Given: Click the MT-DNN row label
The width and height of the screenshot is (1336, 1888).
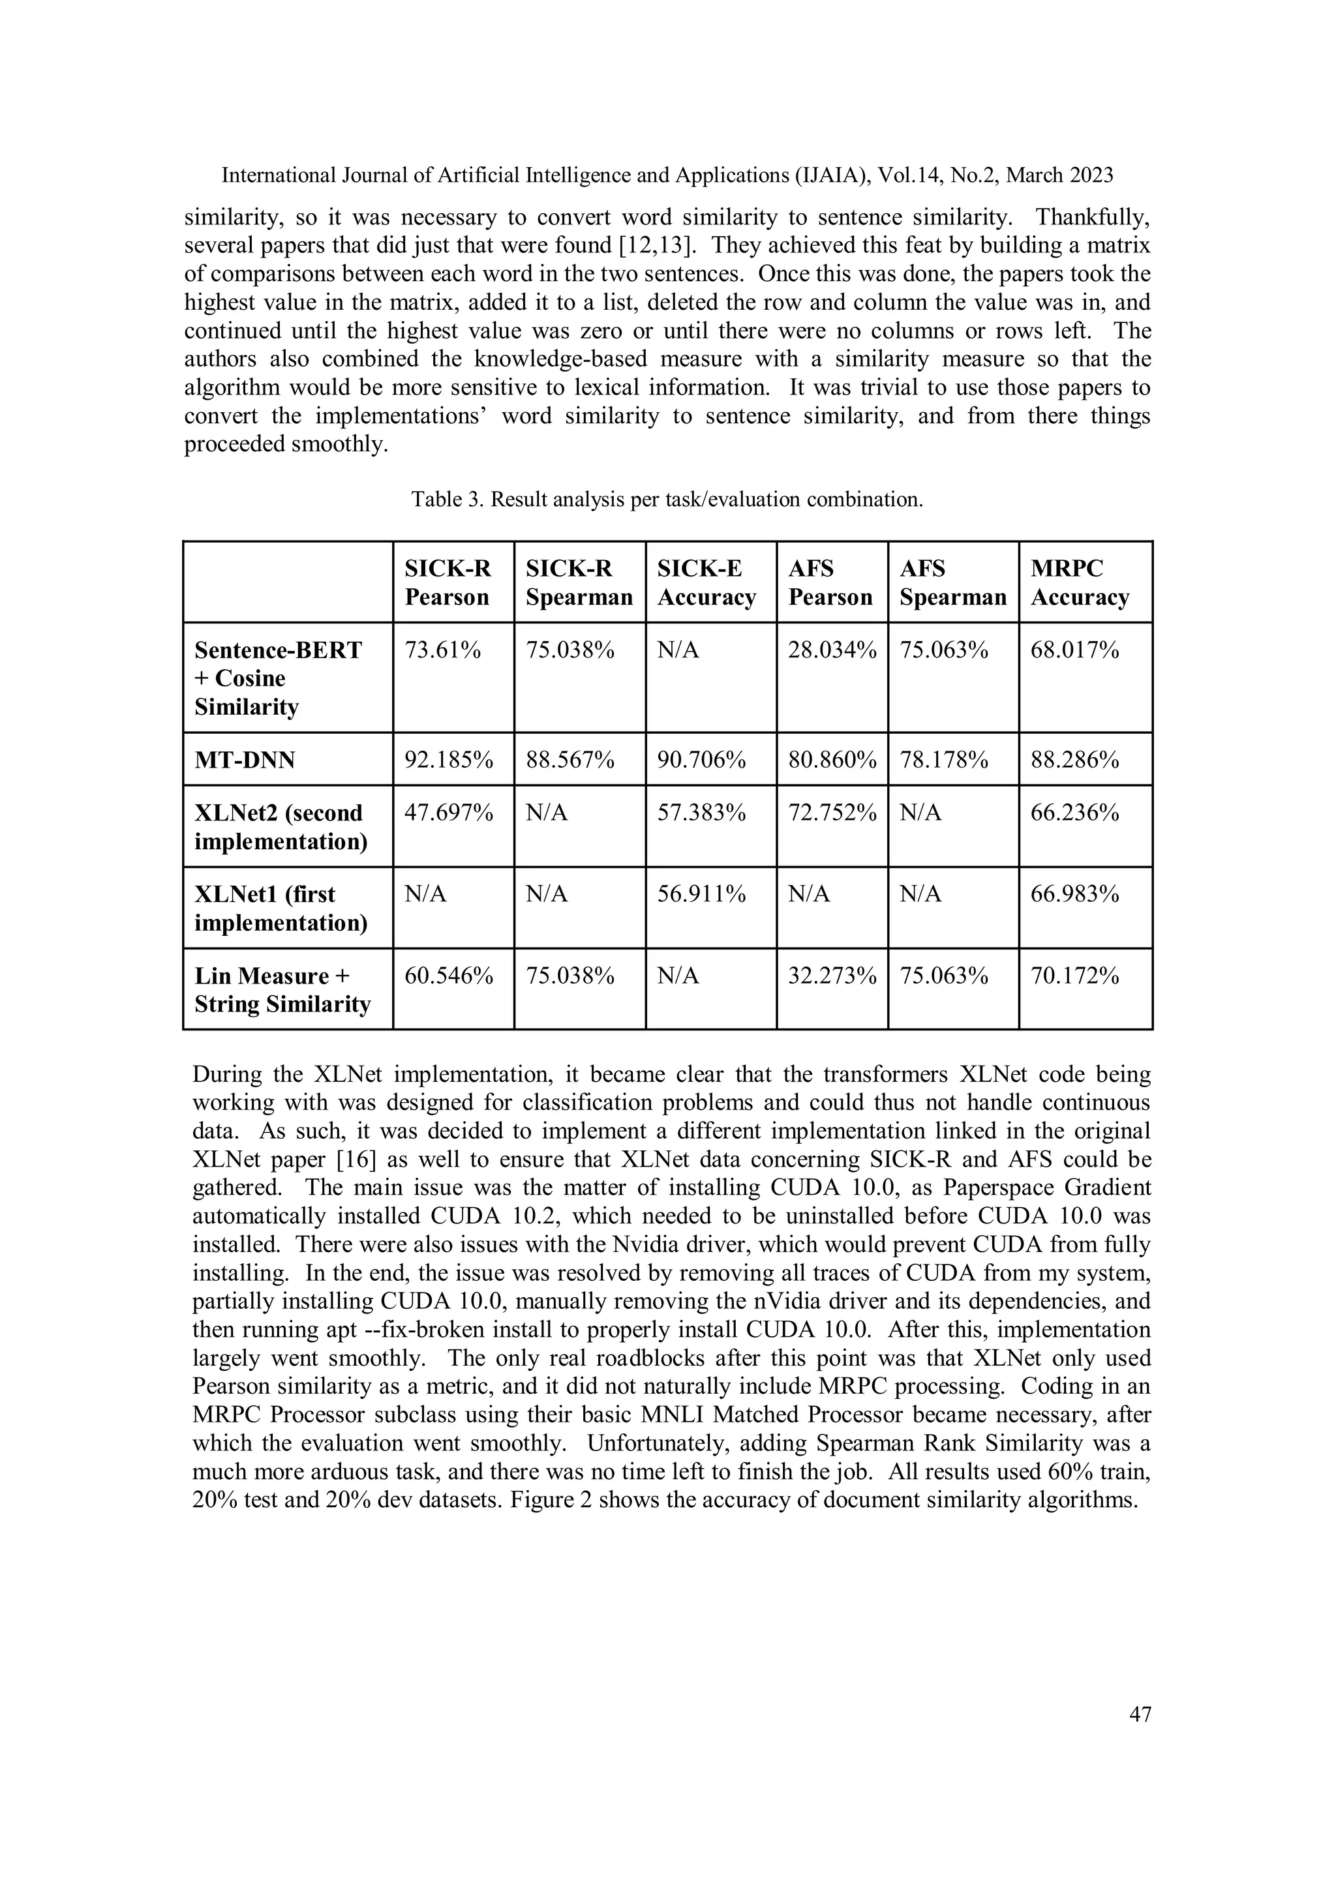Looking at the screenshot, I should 245,760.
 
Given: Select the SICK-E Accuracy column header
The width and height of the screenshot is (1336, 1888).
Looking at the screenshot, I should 706,582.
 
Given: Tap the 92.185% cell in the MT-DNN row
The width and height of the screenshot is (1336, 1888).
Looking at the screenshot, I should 448,760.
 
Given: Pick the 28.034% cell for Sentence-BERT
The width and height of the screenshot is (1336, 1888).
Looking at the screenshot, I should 832,650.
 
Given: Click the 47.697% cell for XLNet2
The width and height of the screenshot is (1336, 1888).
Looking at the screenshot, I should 448,813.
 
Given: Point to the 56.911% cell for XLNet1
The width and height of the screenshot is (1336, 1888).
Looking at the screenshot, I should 701,895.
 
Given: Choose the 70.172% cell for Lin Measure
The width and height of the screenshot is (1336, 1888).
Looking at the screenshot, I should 1074,976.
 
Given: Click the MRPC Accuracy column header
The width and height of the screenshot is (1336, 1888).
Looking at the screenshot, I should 1080,582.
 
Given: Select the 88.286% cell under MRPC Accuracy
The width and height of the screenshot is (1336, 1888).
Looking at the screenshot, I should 1074,760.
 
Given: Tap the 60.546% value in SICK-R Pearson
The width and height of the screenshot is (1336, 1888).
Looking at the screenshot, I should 448,976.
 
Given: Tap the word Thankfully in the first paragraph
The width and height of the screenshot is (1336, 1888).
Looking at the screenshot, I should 1091,218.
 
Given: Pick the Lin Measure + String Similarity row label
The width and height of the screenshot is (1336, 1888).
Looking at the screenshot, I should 282,990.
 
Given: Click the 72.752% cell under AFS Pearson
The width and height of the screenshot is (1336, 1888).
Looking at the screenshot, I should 832,813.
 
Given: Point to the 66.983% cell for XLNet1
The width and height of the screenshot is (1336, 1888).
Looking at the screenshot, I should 1074,895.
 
